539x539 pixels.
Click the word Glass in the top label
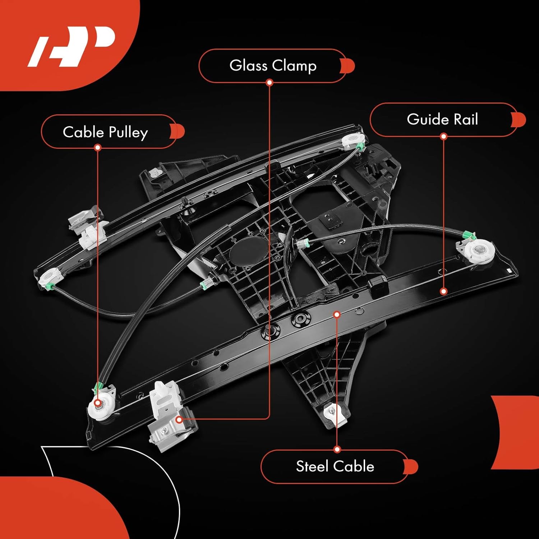click(x=248, y=66)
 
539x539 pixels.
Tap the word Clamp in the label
click(x=294, y=66)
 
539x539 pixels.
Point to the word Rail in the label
click(x=466, y=119)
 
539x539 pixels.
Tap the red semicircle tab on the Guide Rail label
click(x=519, y=120)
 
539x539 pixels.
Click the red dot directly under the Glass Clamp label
click(x=269, y=83)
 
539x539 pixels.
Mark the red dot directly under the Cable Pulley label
click(x=97, y=147)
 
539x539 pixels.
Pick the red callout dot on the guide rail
click(x=443, y=291)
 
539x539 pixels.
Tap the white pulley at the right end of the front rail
click(x=479, y=251)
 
